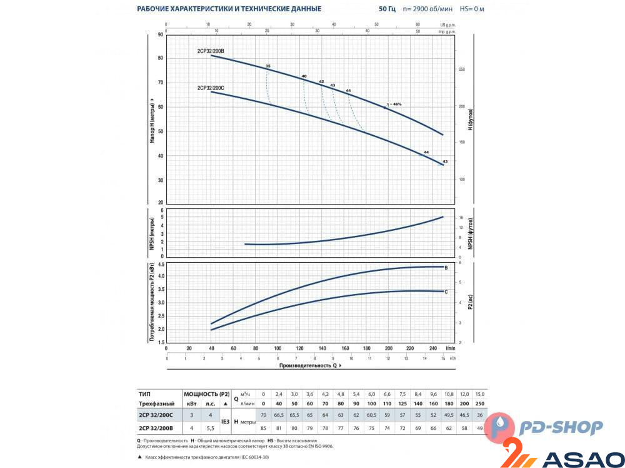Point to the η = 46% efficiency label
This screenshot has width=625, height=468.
coord(394,104)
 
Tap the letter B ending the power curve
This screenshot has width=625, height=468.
coord(446,267)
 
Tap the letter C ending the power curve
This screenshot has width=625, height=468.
coord(446,292)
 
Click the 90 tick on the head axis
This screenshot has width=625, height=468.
coord(161,34)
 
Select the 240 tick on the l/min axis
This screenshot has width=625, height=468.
coord(432,348)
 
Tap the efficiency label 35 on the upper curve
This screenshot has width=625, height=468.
coord(268,66)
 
